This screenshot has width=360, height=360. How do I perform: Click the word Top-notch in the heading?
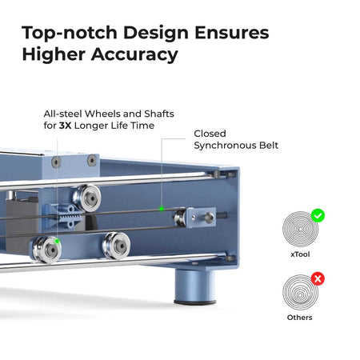click(70, 33)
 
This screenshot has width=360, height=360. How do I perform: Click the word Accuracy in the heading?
click(134, 54)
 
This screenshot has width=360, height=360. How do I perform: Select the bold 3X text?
click(65, 126)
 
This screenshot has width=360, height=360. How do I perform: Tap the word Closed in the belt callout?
click(210, 134)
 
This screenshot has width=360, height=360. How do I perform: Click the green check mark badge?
click(318, 215)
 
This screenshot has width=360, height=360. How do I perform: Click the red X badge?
click(318, 279)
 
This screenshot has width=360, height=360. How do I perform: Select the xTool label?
click(300, 254)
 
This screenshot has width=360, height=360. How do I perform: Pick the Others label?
click(300, 318)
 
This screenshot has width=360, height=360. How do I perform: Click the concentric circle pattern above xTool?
click(300, 229)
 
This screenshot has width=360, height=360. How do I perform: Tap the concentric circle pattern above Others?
click(300, 292)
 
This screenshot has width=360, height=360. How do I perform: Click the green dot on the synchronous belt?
click(162, 209)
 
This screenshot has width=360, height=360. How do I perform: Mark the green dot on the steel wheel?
click(57, 242)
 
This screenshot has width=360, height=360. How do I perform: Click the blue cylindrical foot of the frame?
click(194, 286)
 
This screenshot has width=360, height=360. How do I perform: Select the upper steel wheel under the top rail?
click(87, 198)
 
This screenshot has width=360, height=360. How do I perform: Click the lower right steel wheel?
click(117, 246)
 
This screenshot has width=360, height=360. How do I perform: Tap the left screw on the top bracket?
click(56, 162)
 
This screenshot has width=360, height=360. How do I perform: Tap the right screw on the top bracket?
click(92, 160)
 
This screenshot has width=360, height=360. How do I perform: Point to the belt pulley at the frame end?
click(180, 218)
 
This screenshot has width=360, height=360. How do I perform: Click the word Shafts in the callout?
click(159, 114)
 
